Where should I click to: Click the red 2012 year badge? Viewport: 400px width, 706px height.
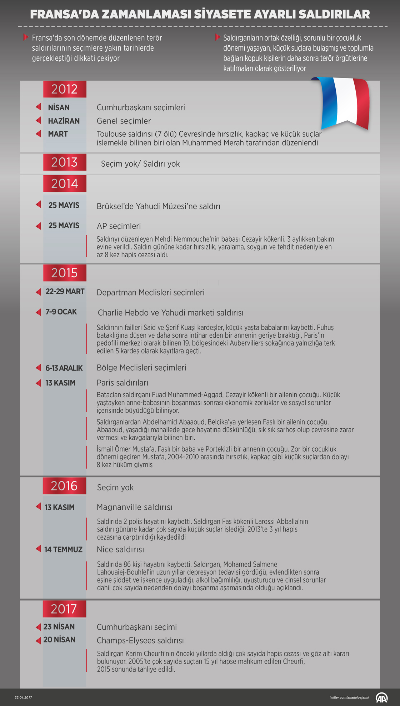click(x=65, y=89)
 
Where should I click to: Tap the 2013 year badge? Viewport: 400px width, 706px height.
click(x=65, y=162)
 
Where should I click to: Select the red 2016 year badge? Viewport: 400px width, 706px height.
click(x=64, y=486)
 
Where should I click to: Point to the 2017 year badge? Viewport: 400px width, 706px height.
click(x=64, y=609)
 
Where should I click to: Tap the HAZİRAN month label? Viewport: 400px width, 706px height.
click(x=64, y=121)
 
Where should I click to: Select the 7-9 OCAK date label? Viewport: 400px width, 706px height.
click(x=61, y=312)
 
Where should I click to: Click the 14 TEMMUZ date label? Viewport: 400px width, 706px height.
click(x=63, y=550)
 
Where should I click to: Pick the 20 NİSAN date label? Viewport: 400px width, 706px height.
click(x=59, y=640)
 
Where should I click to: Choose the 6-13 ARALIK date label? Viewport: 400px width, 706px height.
click(x=64, y=368)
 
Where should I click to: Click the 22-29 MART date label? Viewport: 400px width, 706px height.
click(x=65, y=292)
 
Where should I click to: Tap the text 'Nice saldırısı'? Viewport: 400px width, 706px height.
click(x=120, y=550)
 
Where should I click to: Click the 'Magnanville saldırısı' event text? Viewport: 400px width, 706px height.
click(x=135, y=507)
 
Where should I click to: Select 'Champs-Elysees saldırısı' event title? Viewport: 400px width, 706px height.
click(x=140, y=641)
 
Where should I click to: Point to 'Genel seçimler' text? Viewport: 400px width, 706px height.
click(x=124, y=121)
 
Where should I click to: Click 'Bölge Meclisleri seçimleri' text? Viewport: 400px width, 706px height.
click(x=141, y=368)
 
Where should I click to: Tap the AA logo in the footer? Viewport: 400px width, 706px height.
click(x=381, y=697)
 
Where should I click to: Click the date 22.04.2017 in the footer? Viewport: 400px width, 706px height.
click(x=23, y=697)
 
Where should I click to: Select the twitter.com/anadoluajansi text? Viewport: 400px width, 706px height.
click(x=349, y=697)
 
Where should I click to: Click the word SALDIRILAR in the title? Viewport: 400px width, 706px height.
click(x=334, y=14)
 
